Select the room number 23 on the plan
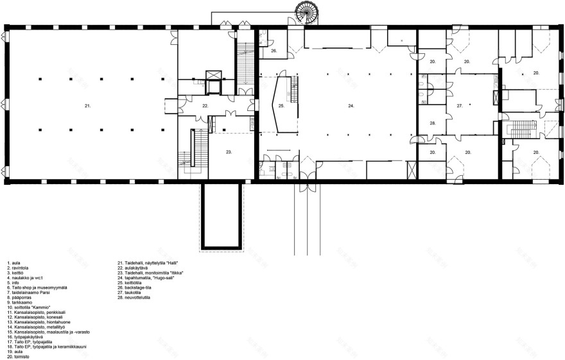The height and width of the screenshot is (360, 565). (x=229, y=152)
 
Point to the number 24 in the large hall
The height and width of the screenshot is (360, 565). (x=351, y=105)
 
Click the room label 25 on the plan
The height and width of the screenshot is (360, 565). (x=281, y=105)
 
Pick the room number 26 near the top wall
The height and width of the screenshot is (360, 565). (x=273, y=50)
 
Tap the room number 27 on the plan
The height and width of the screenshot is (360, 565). (x=460, y=105)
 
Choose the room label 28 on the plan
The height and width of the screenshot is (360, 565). (x=433, y=123)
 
